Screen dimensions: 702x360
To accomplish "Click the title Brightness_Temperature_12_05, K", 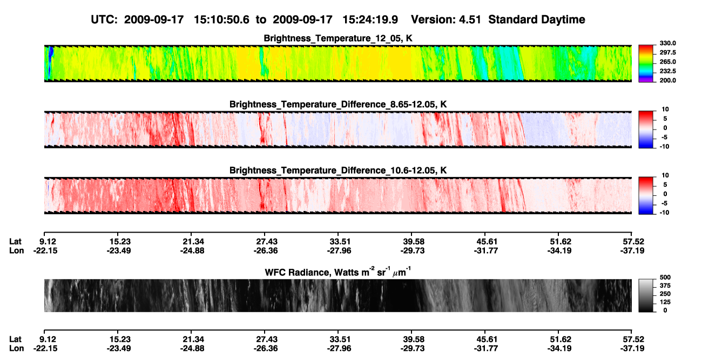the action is click(338, 38).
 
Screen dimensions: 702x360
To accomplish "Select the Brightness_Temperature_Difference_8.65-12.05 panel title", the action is click(338, 104).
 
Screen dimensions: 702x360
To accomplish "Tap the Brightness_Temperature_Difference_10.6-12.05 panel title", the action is click(338, 171).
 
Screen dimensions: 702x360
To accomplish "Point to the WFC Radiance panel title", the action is click(338, 272).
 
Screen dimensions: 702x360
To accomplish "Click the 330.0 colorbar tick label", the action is click(667, 43).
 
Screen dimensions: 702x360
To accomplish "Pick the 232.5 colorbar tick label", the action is click(667, 71).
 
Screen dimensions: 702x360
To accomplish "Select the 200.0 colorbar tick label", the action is click(667, 80).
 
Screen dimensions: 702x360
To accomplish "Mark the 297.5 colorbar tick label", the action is click(667, 53).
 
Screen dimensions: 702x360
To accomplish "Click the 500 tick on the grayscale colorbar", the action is click(665, 277).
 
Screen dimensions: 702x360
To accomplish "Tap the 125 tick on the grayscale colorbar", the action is click(665, 302).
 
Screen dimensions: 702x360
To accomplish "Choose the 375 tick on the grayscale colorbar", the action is click(665, 286).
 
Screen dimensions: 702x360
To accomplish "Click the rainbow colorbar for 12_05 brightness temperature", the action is click(646, 64).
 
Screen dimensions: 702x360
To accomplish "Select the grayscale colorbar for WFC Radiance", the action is click(646, 295).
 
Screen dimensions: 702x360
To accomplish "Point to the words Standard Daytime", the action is click(537, 19).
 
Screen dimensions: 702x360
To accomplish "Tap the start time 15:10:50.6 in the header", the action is click(221, 19).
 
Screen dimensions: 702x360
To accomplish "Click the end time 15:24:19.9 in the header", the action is click(370, 19).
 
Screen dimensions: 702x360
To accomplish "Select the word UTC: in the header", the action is click(104, 19).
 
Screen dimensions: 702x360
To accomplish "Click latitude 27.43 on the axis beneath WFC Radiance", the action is click(267, 339).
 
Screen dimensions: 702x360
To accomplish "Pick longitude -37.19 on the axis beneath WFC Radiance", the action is click(632, 349).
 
